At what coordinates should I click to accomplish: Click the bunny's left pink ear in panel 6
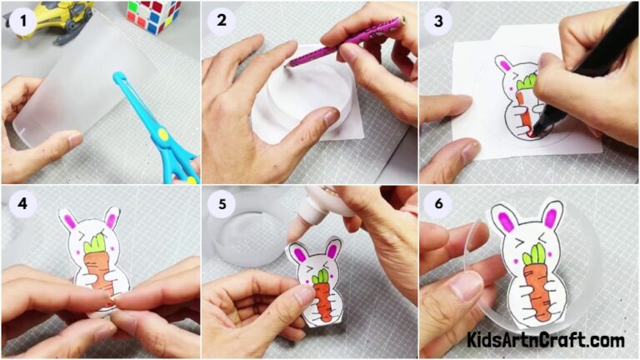504,220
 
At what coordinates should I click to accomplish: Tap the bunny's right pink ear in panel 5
332,249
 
